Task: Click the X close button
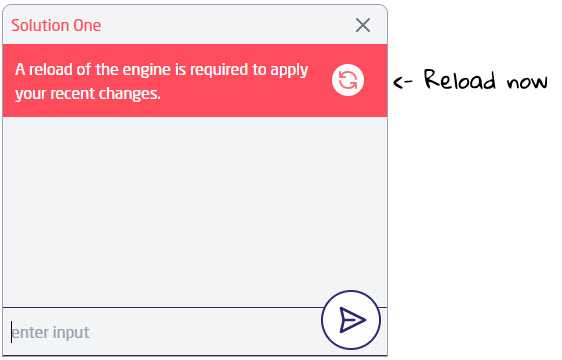point(363,25)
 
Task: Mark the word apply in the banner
point(290,72)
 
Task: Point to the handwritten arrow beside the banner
point(403,82)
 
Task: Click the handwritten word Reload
point(457,81)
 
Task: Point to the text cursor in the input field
point(12,332)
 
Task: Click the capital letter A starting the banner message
point(20,71)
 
